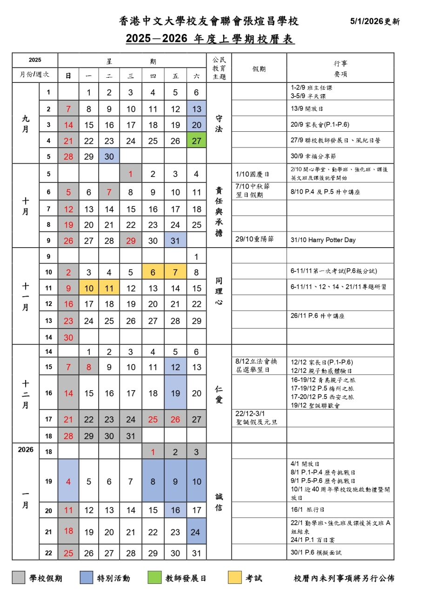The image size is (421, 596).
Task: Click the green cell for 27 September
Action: click(196, 141)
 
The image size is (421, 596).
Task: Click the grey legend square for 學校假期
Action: click(19, 578)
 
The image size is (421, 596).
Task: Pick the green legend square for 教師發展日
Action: click(154, 578)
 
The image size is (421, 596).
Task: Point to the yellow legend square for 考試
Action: click(235, 578)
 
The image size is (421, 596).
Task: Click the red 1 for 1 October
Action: click(131, 174)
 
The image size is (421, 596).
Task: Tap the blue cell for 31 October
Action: click(175, 240)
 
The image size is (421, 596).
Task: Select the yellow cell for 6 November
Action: click(153, 272)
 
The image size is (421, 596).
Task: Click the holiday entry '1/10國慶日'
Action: click(253, 175)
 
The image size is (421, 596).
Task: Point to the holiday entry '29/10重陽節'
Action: click(255, 239)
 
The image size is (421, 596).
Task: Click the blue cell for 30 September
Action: click(109, 156)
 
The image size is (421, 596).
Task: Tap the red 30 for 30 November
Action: click(68, 337)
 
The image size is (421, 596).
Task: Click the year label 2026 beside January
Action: click(26, 450)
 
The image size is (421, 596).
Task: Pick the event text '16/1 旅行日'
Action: click(308, 510)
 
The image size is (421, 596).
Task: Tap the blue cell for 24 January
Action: click(196, 531)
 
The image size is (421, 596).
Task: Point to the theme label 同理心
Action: click(219, 291)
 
